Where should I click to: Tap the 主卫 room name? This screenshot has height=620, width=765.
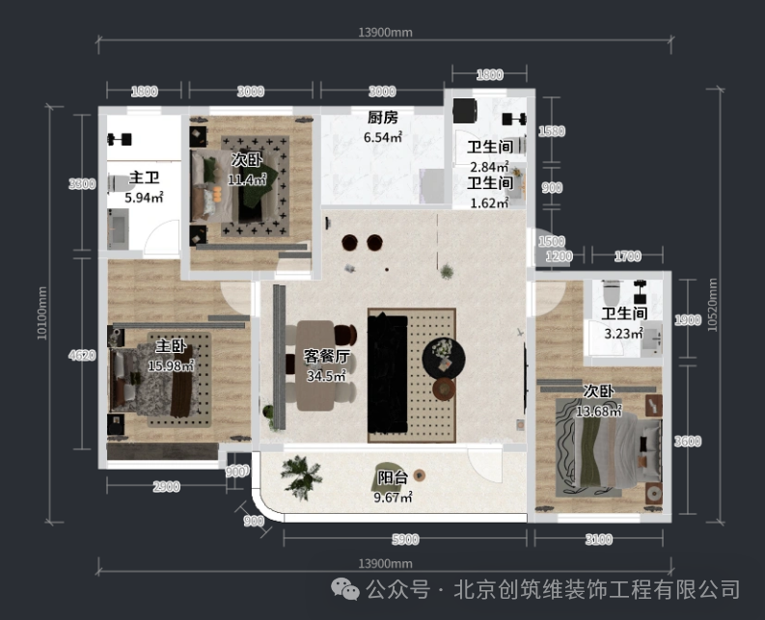click(144, 178)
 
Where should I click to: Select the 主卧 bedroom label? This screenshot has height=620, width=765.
click(171, 346)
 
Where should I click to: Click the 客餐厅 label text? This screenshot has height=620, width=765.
click(326, 357)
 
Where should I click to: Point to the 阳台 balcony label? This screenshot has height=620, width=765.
click(393, 477)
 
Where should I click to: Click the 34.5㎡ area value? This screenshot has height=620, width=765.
click(326, 376)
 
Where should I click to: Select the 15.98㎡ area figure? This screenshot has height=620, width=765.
click(171, 365)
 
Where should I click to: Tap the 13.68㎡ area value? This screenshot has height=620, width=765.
click(598, 411)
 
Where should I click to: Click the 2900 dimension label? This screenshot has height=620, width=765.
click(166, 487)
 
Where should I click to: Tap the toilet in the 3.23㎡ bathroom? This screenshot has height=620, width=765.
click(609, 289)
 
